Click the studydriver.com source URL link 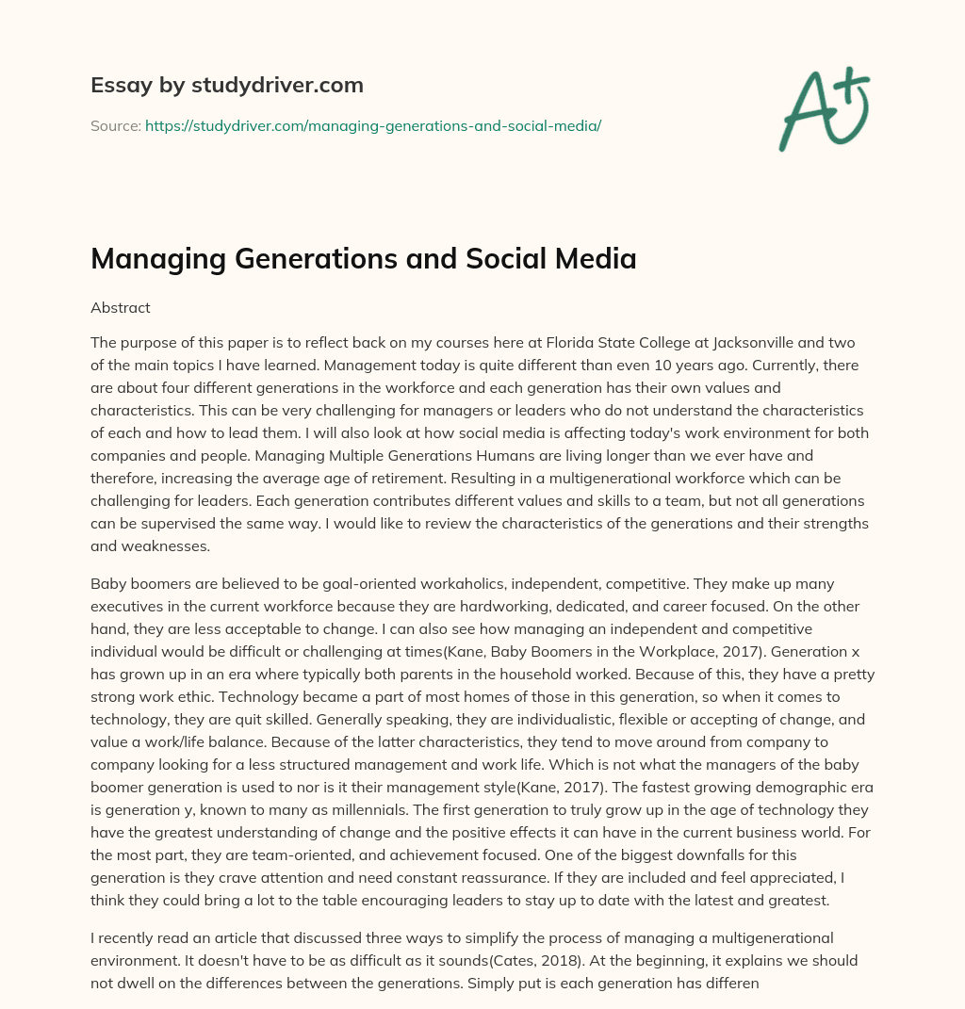[x=373, y=125]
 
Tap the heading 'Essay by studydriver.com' [x=227, y=85]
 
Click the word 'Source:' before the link [x=115, y=125]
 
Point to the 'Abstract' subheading [x=121, y=308]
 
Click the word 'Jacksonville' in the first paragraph [x=745, y=342]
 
